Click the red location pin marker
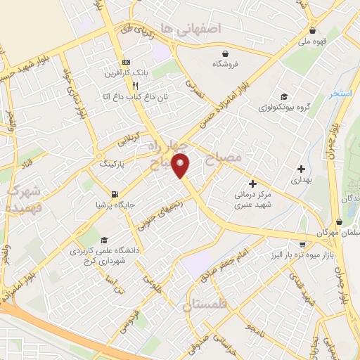[x=181, y=165]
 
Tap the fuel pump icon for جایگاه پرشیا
[x=115, y=193]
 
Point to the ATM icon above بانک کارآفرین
[x=125, y=62]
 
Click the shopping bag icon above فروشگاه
[x=224, y=53]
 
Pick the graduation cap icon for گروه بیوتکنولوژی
[x=283, y=97]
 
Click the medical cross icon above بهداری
[x=301, y=169]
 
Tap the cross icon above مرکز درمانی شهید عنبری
[x=252, y=184]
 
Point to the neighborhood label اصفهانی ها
[x=190, y=29]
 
